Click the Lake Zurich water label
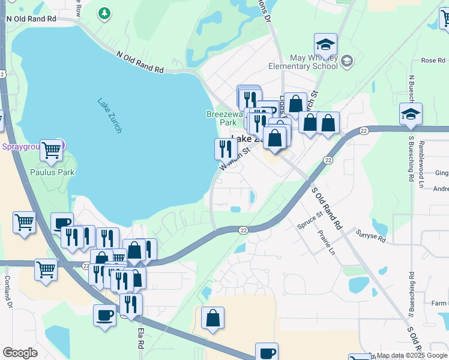[x=110, y=115]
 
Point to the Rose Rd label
[x=433, y=61]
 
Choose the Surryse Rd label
[x=370, y=236]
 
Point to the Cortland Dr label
[x=8, y=292]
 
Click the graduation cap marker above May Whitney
[x=325, y=44]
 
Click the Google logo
[x=20, y=353]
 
